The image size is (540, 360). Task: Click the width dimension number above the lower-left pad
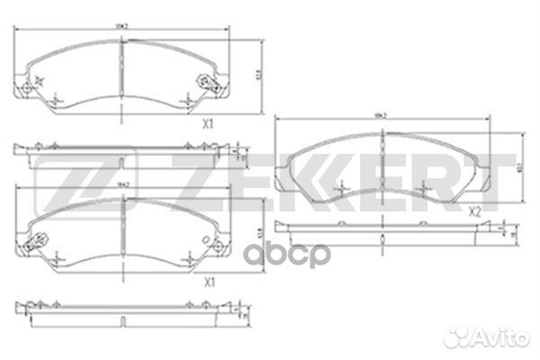coord(124,185)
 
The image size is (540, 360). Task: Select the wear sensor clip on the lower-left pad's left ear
coord(39,241)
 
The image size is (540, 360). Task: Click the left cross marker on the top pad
coord(57,98)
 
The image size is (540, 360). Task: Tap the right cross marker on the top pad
coord(189,99)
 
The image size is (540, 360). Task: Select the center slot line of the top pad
coord(122,67)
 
